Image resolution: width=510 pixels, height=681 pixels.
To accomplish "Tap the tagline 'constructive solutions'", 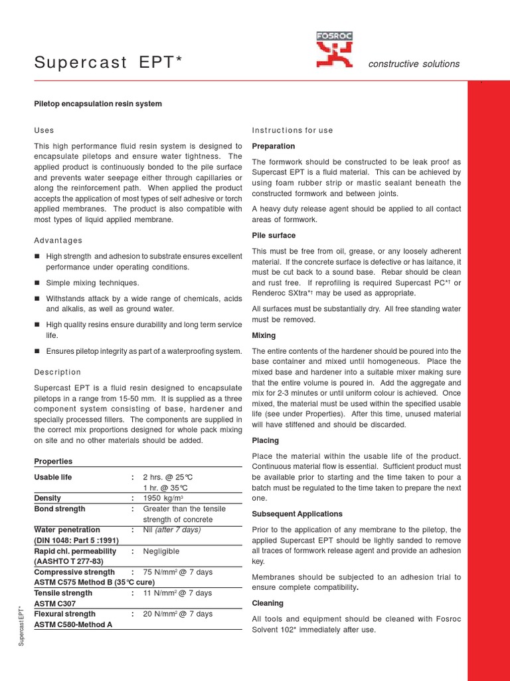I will [414, 64].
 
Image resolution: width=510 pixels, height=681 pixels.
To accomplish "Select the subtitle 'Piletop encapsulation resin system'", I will [98, 104].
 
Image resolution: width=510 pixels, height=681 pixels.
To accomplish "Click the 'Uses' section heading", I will [44, 130].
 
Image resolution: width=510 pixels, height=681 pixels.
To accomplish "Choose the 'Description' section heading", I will [57, 372].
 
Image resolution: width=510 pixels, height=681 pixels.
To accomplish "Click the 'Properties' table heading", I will [53, 462].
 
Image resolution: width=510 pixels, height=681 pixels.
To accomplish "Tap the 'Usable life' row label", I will [53, 477].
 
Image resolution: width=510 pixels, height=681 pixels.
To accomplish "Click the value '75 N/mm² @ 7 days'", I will [177, 572].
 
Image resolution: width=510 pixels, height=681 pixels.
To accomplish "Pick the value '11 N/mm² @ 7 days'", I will [177, 593].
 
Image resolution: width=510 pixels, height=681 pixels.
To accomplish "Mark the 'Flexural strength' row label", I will [64, 614].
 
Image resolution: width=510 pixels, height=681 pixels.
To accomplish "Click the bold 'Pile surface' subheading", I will [274, 235].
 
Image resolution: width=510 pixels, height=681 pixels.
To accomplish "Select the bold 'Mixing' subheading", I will [264, 336].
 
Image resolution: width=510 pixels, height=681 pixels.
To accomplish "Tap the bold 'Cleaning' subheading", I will [268, 603].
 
